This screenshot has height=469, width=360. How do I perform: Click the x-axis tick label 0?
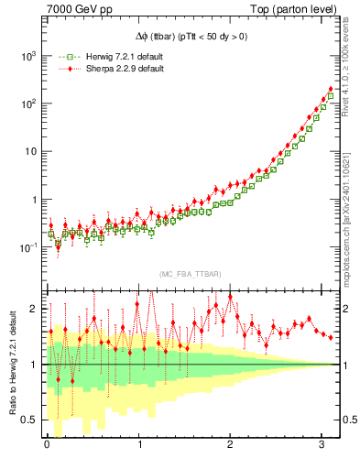[x=47, y=446]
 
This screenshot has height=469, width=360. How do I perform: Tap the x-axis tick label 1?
[x=139, y=446]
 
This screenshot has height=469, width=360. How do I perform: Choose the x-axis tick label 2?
[x=231, y=446]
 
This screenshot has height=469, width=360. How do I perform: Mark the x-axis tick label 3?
[x=322, y=446]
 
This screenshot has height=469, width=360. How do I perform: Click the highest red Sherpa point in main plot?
[x=331, y=90]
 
